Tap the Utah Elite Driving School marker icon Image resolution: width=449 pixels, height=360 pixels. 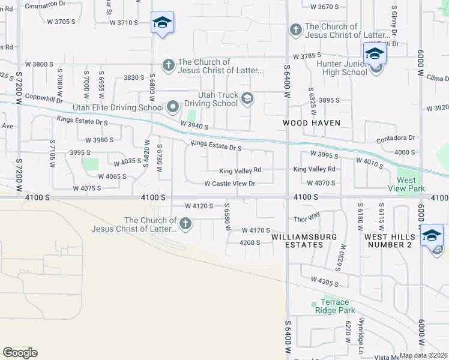click(173, 107)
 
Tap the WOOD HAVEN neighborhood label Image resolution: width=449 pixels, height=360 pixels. click(312, 123)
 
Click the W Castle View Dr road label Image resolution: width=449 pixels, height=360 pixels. click(230, 184)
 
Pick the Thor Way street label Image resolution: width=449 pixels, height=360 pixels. click(304, 220)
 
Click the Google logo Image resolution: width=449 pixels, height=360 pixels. click(20, 353)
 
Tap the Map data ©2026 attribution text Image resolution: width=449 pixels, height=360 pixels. click(423, 355)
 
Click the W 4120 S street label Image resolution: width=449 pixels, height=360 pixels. click(199, 206)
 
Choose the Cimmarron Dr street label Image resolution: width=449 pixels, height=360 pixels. click(46, 4)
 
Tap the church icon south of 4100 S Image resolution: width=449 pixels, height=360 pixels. click(185, 224)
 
